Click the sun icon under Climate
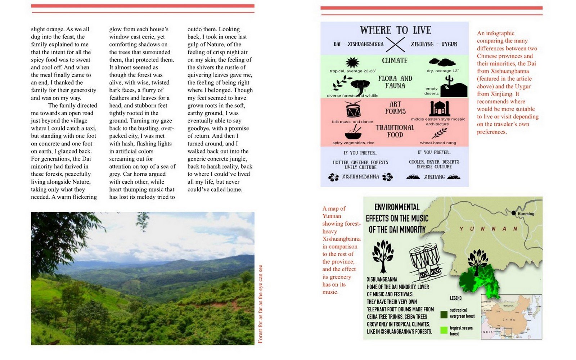pyautogui.click(x=352, y=63)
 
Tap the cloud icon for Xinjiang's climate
pyautogui.click(x=442, y=62)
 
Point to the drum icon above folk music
pyautogui.click(x=353, y=109)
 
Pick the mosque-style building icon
pyautogui.click(x=440, y=108)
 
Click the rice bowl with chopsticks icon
pyautogui.click(x=353, y=132)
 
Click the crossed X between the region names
pyautogui.click(x=395, y=45)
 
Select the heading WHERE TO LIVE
pyautogui.click(x=395, y=30)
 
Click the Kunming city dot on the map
pyautogui.click(x=513, y=213)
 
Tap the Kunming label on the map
pyautogui.click(x=526, y=214)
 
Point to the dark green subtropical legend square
pyautogui.click(x=444, y=315)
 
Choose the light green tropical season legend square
pyautogui.click(x=444, y=330)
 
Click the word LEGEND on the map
pyautogui.click(x=455, y=298)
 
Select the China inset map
pyautogui.click(x=511, y=317)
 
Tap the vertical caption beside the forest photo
pyautogui.click(x=260, y=304)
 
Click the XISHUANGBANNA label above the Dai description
pyautogui.click(x=382, y=279)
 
